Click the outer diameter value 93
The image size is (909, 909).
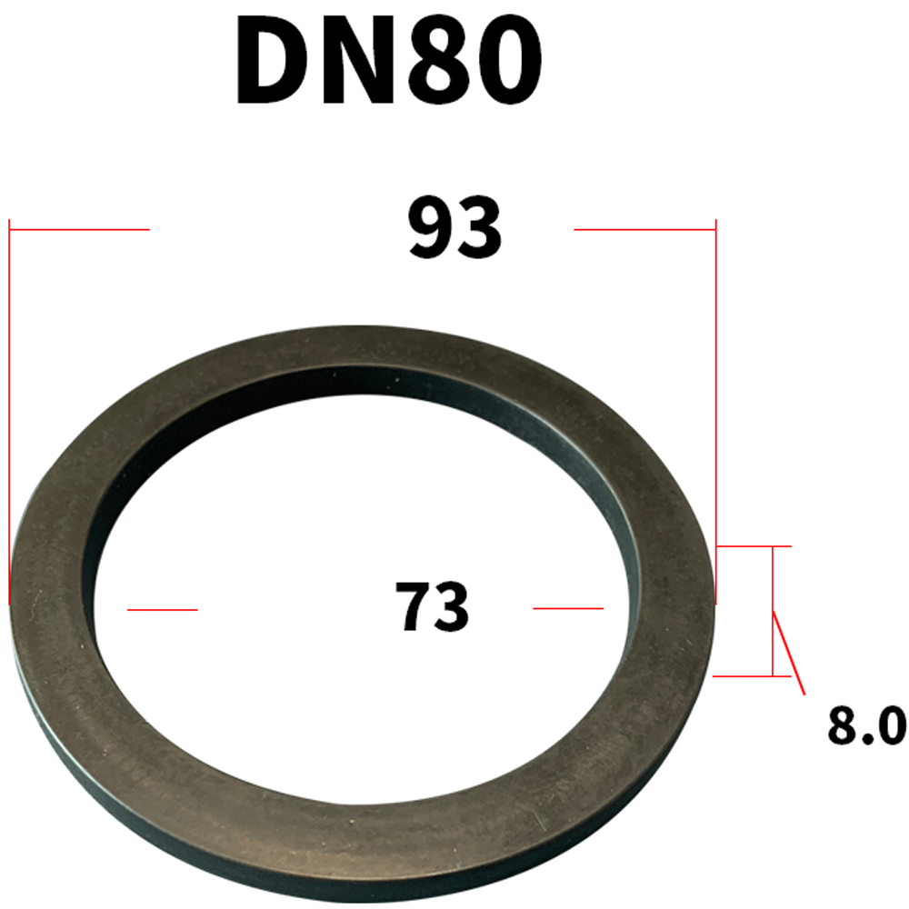coord(454,231)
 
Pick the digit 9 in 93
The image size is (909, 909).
coord(430,231)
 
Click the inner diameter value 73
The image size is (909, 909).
coord(432,607)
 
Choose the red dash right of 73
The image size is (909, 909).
coord(568,607)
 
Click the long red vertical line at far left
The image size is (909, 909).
coord(9,409)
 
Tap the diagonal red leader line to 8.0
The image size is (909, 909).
coord(789,653)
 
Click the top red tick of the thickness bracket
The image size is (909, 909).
coord(754,546)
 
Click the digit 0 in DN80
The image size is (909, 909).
coord(504,61)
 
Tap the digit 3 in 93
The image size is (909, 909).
coord(479,231)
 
